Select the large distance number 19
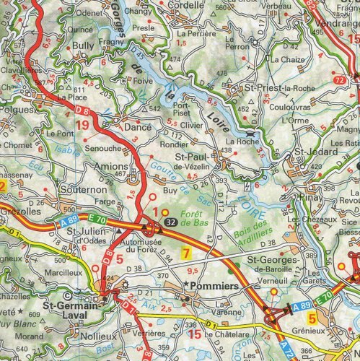(x=82, y=125)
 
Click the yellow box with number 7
(x=185, y=253)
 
